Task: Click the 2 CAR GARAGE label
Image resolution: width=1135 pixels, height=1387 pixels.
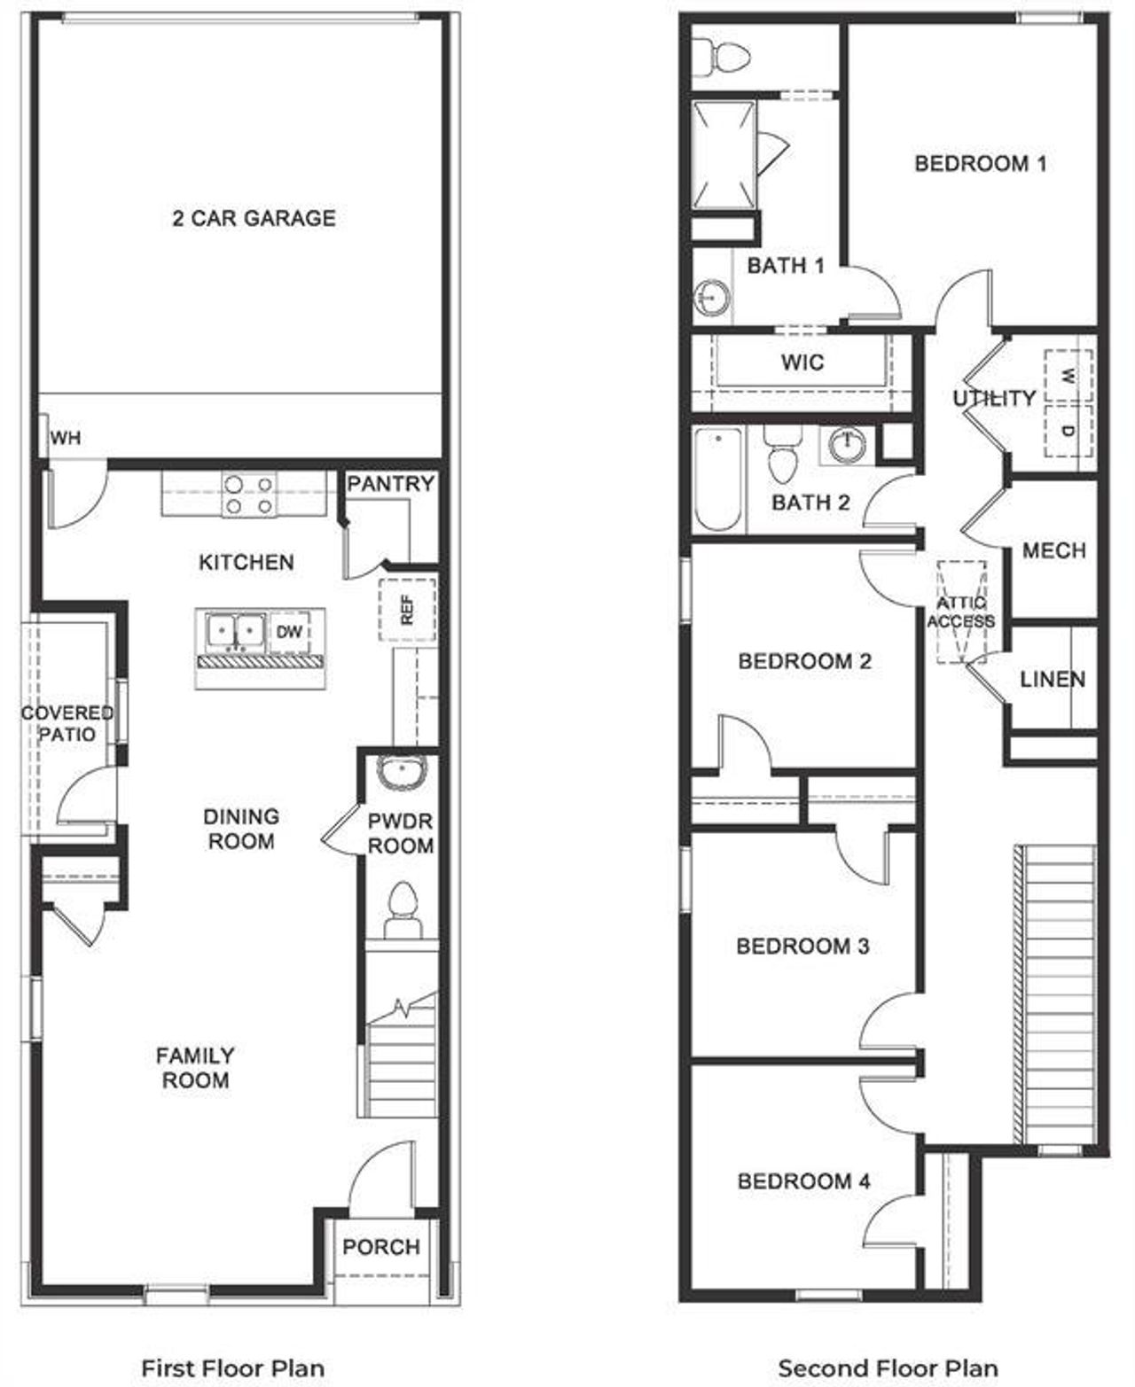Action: [x=254, y=218]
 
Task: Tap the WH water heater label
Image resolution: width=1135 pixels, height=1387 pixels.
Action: [x=65, y=438]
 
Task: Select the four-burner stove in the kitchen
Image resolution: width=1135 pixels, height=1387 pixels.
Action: [x=248, y=495]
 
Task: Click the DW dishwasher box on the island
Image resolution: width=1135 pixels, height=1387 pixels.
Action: [x=289, y=632]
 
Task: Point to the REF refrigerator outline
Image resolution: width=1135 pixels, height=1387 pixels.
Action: [x=407, y=609]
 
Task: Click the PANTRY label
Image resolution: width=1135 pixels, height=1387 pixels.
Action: [x=390, y=484]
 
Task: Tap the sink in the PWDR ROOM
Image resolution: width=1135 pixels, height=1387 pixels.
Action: [x=402, y=772]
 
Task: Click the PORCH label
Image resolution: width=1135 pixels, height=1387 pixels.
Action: [x=381, y=1247]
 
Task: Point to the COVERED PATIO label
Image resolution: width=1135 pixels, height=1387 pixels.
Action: [x=67, y=723]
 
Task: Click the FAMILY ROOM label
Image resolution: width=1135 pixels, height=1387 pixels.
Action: [x=195, y=1068]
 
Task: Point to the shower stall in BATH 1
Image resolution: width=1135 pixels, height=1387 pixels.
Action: [x=724, y=155]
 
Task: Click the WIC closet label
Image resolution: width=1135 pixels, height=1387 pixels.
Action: [x=802, y=362]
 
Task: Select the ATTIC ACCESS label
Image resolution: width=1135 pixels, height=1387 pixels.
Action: [x=960, y=612]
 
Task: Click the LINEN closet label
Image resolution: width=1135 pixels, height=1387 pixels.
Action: [x=1052, y=680]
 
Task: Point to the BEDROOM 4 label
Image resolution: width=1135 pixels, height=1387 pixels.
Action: [x=803, y=1181]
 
